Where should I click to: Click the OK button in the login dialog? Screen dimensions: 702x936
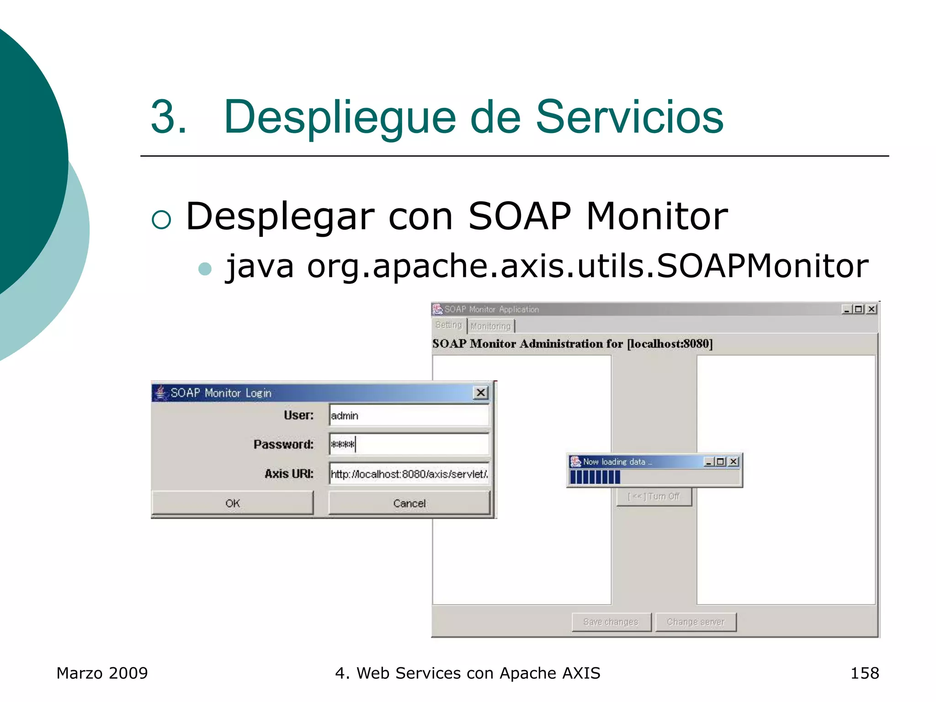[232, 503]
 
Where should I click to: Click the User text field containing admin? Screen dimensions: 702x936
[409, 415]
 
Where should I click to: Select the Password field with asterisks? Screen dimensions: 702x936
[409, 444]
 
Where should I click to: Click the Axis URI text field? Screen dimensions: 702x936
[409, 474]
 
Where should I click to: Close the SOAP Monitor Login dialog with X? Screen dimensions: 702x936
[481, 393]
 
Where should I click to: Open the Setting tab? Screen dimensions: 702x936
[448, 325]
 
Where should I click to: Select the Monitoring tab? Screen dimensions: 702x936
[490, 326]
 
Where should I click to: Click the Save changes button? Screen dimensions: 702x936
[611, 622]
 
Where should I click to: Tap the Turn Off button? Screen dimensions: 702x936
[654, 496]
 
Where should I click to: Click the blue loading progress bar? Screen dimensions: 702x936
[595, 477]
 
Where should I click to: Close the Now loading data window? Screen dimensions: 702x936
[734, 462]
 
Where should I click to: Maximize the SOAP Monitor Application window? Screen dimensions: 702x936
[859, 309]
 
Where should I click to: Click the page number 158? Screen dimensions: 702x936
[864, 673]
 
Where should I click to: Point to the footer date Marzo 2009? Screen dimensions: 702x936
[102, 673]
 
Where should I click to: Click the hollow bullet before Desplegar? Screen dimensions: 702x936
[161, 219]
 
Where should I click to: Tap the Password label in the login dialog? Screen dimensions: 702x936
[283, 444]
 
